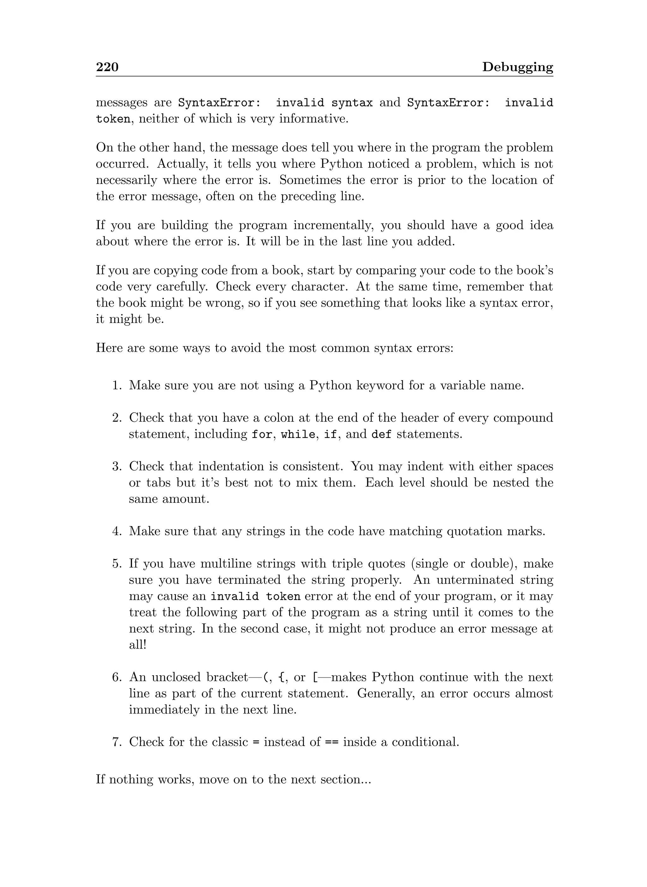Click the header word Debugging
click(517, 67)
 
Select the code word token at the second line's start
click(113, 119)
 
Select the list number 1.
click(117, 386)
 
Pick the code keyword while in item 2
click(298, 434)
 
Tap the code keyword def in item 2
click(381, 434)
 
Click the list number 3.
click(117, 467)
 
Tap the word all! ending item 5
click(137, 645)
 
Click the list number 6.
click(117, 677)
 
